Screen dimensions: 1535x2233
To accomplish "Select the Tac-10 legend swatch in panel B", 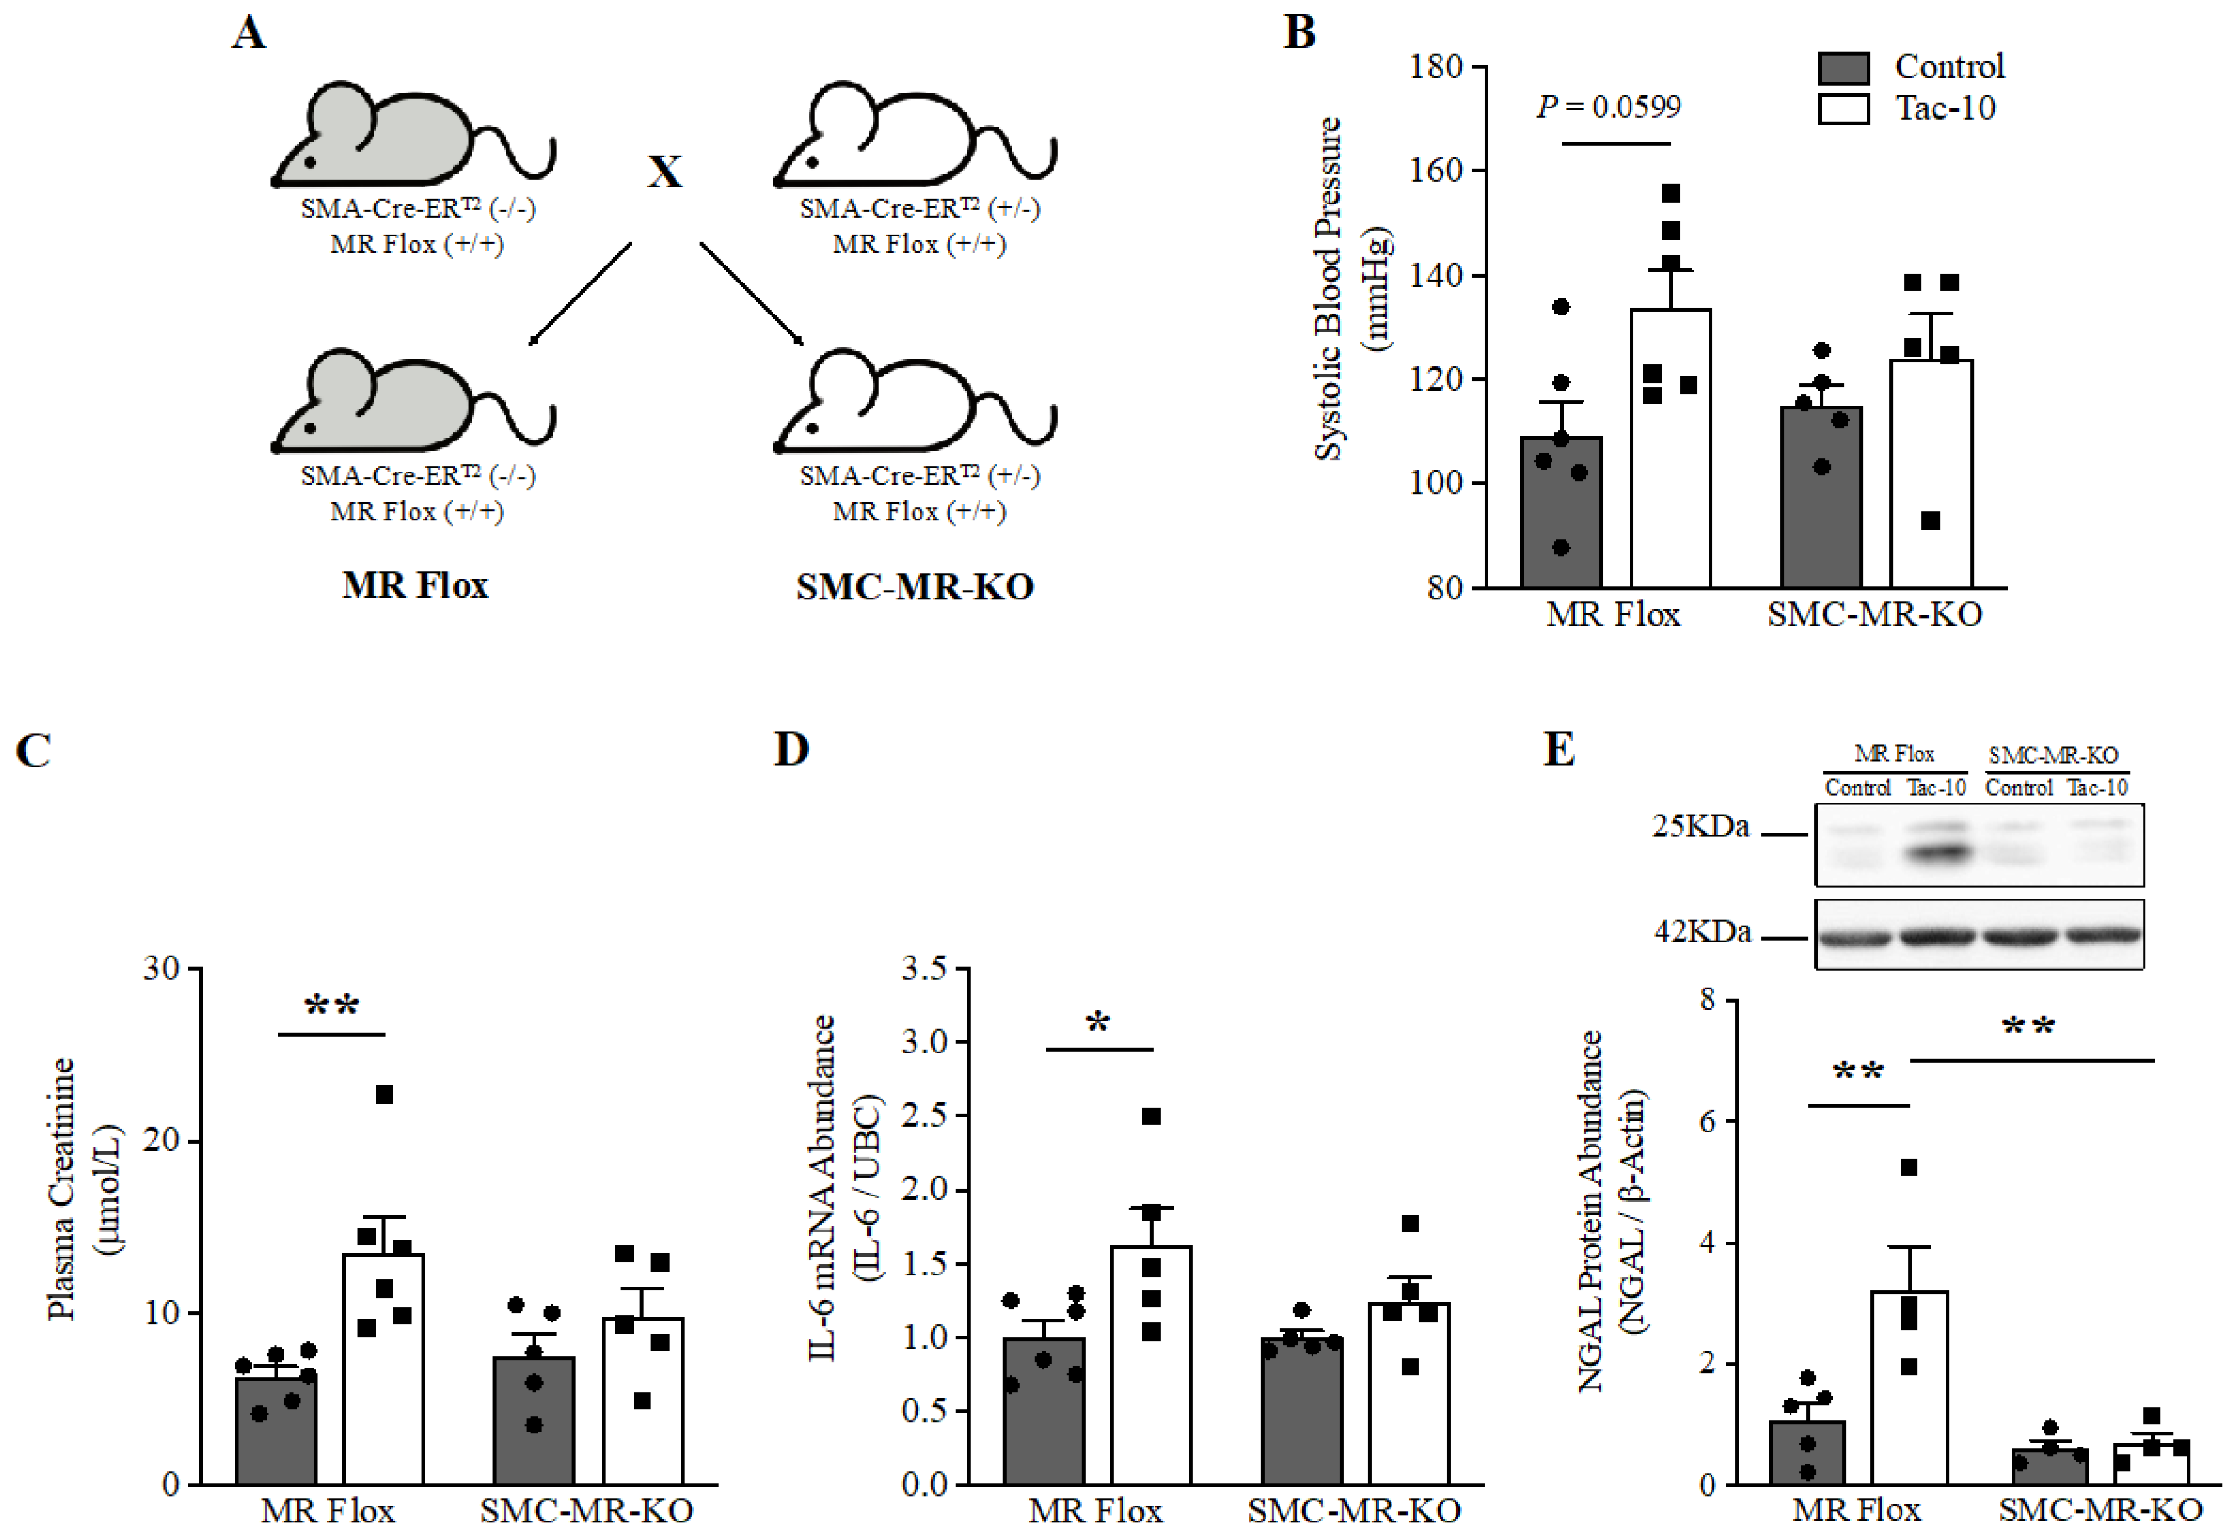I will click(x=1842, y=108).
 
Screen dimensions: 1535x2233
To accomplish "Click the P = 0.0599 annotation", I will click(x=1609, y=106).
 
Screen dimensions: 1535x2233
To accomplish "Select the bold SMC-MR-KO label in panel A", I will click(x=914, y=587).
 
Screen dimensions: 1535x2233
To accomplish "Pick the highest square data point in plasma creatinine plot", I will click(x=384, y=1095).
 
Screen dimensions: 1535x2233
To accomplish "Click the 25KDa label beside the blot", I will click(x=1700, y=826).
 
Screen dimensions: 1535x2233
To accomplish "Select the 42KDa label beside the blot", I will click(x=1702, y=932).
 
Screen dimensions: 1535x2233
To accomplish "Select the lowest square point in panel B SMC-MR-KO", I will click(x=1930, y=520).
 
